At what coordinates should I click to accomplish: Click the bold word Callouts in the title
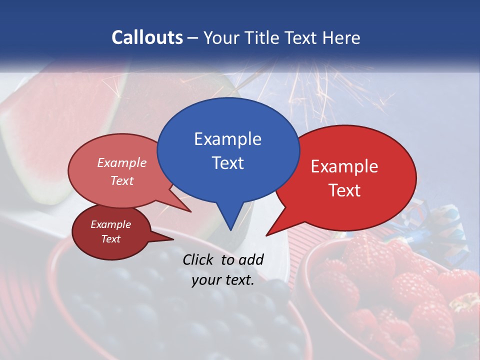147,37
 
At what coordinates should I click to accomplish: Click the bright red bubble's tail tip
267,235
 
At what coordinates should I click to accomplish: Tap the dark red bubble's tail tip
172,239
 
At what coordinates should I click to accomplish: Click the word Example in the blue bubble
227,139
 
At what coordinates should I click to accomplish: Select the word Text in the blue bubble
227,163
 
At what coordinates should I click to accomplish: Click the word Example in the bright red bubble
344,166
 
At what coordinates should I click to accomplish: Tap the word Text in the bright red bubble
344,190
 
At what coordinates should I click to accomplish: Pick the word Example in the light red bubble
122,162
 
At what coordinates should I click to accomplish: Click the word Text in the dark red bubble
110,239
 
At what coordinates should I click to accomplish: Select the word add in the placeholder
250,259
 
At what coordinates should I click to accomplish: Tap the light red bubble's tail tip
190,211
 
